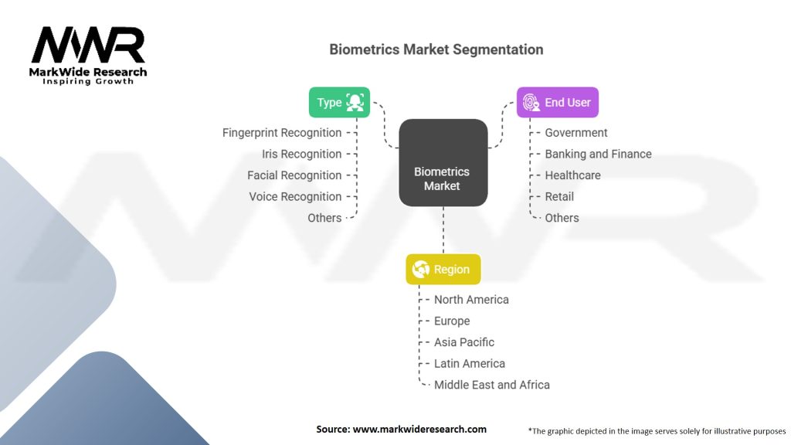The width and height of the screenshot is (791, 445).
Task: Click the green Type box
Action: tap(339, 102)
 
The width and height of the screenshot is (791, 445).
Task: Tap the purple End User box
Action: tap(557, 102)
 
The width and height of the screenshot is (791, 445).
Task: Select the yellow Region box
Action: tap(443, 270)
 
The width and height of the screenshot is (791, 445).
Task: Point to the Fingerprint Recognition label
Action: tap(282, 133)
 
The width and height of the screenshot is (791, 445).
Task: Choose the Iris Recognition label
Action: tap(301, 154)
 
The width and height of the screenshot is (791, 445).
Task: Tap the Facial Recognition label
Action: tap(294, 175)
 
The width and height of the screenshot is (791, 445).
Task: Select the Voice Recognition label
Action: tap(295, 196)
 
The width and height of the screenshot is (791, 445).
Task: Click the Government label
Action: tap(576, 133)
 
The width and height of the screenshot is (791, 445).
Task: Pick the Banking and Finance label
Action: tap(598, 154)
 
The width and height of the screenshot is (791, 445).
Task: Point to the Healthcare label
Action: tap(572, 175)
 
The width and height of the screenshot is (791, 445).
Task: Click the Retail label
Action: tap(559, 196)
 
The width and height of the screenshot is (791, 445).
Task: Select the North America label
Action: tap(471, 300)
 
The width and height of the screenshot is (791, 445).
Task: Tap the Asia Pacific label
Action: tap(464, 342)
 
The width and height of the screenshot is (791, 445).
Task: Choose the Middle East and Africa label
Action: tap(492, 385)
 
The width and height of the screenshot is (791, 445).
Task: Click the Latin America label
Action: tap(470, 363)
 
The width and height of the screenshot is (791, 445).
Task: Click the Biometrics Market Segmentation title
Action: tap(436, 49)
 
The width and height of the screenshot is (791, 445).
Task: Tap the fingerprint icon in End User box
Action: tap(531, 102)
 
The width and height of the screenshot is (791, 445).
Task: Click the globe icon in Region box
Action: tap(422, 270)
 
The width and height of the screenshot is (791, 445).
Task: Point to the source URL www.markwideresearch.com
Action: tap(401, 429)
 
